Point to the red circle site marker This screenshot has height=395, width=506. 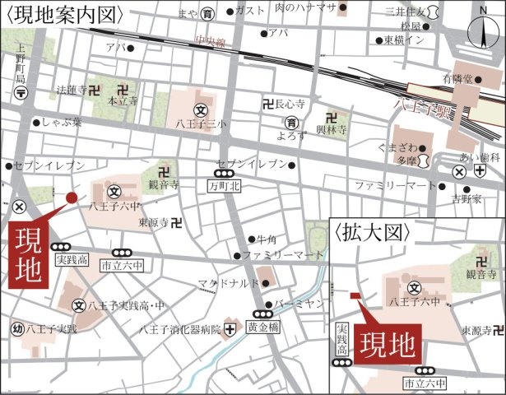pos(71,197)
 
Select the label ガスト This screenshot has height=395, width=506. pos(249,11)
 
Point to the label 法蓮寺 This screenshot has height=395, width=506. pos(71,89)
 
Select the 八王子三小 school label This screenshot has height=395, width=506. pos(199,124)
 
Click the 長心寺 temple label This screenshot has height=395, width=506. pos(290,105)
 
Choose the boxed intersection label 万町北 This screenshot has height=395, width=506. pos(222,187)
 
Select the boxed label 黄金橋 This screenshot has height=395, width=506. pos(263,326)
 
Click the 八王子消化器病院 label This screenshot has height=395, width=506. pos(181,330)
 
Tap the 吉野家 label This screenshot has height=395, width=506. pos(466,199)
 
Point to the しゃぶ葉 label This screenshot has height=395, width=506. pos(63,123)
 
